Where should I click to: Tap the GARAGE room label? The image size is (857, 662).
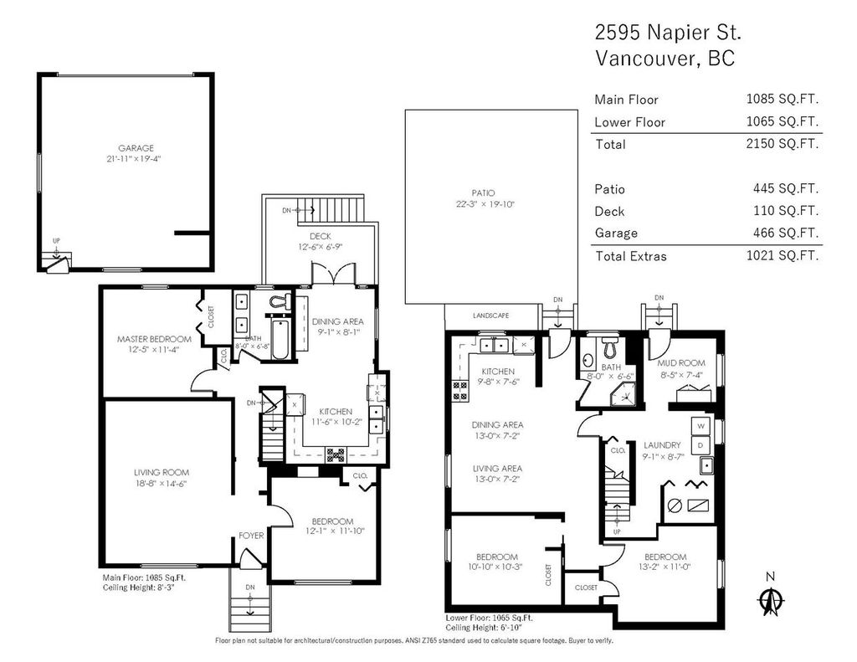click(x=135, y=148)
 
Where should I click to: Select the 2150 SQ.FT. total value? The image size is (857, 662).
click(x=782, y=144)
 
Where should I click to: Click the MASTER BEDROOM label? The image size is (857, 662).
click(x=154, y=339)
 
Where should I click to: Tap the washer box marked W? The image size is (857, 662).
click(x=701, y=425)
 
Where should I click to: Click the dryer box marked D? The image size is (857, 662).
click(x=701, y=444)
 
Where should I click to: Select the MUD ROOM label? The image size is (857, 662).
click(x=680, y=362)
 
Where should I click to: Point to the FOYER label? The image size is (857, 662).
click(x=251, y=536)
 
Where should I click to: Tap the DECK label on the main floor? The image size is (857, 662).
click(x=321, y=236)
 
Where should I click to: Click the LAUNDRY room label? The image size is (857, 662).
click(x=661, y=445)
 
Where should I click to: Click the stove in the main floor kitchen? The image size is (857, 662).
click(x=335, y=455)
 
